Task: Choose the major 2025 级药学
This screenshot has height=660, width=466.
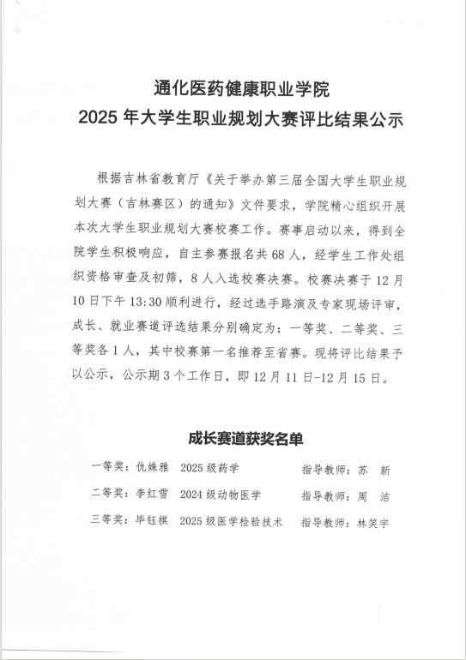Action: (x=209, y=469)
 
